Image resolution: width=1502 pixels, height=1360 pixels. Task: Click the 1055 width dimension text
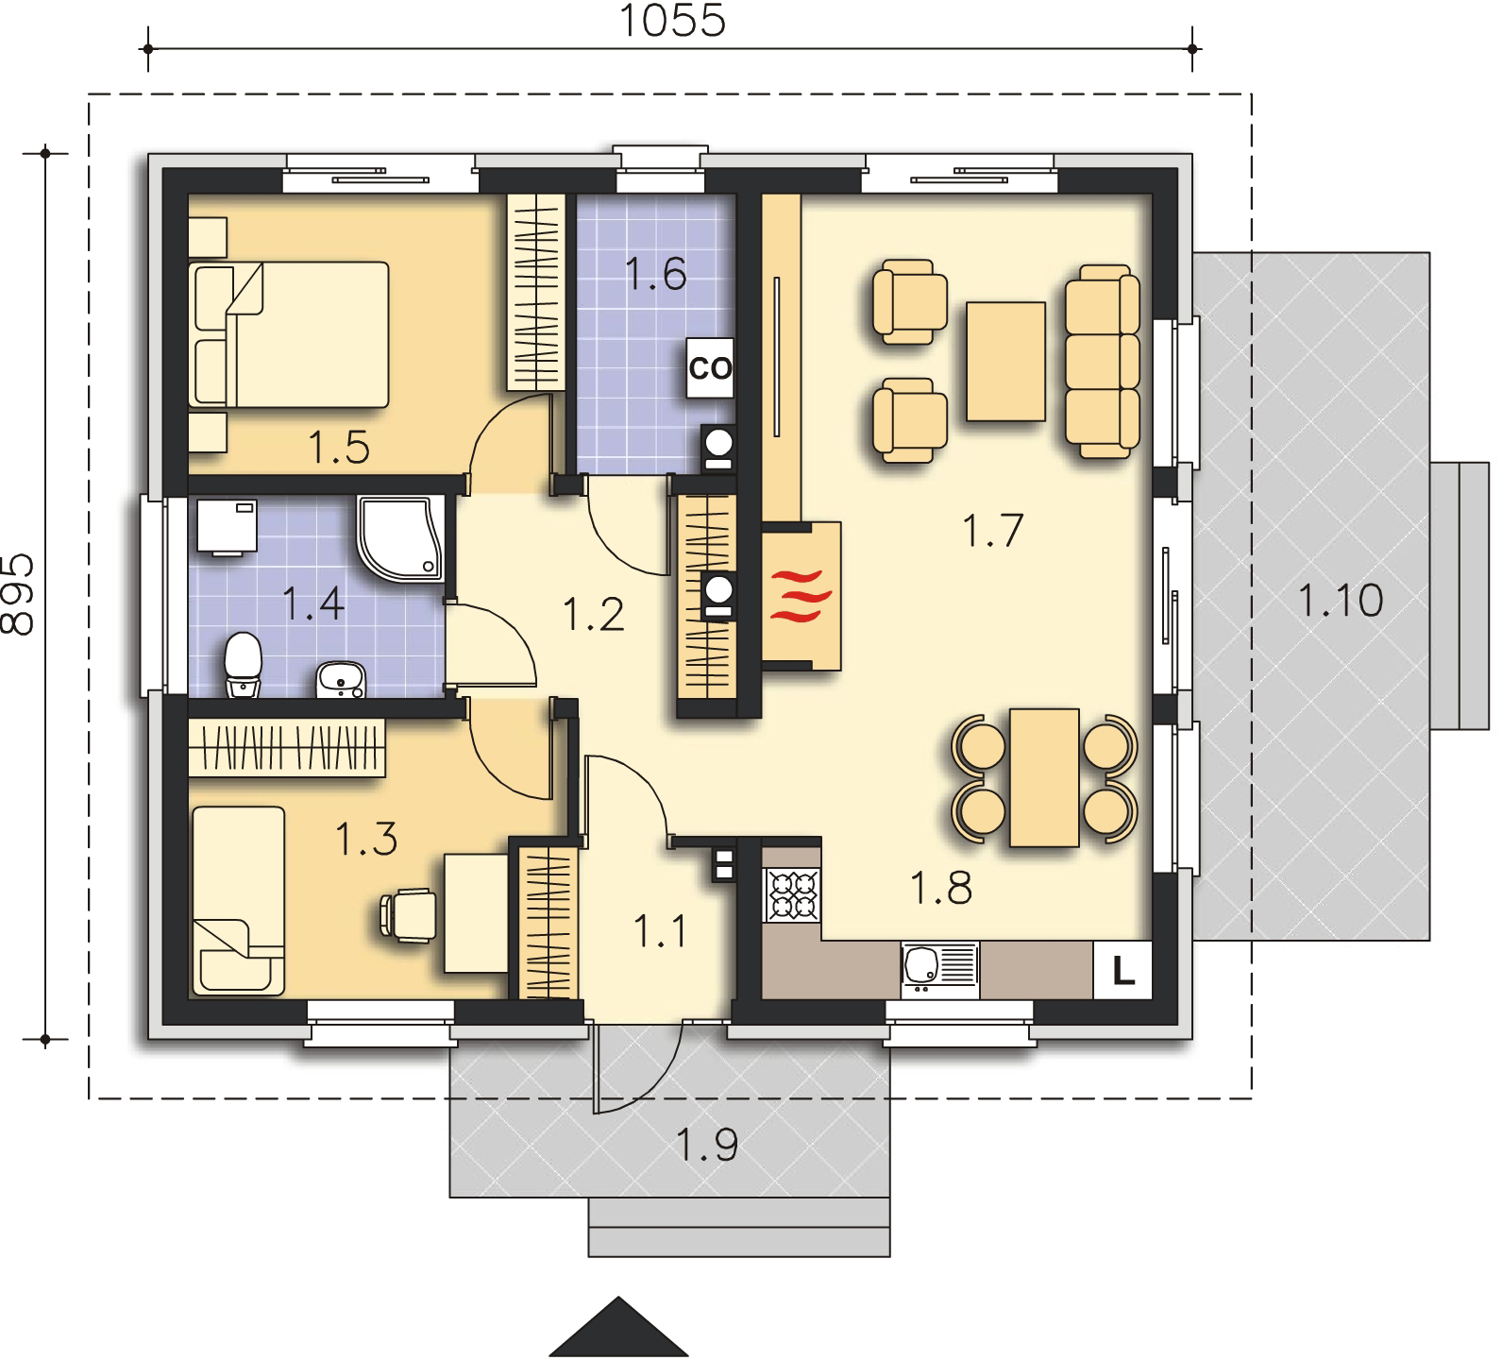point(672,21)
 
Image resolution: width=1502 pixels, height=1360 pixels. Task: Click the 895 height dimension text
point(18,594)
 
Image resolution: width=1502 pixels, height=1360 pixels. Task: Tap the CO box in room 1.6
point(710,368)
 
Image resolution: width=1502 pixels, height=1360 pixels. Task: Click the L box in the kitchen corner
point(1122,970)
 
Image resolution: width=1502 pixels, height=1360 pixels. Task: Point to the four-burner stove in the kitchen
point(792,895)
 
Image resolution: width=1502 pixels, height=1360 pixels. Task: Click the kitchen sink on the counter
point(940,969)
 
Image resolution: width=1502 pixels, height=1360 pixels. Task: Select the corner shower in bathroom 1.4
point(400,536)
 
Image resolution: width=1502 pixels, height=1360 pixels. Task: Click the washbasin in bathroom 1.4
point(339,680)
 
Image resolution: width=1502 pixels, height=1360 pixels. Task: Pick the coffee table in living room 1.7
point(1005,361)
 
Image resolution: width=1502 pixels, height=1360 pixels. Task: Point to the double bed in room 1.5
point(290,334)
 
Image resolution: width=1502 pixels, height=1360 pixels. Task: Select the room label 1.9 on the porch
point(706,1145)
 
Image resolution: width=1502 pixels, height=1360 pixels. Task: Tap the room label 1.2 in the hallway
point(593,614)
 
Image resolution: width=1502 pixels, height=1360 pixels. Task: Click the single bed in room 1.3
point(238,900)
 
